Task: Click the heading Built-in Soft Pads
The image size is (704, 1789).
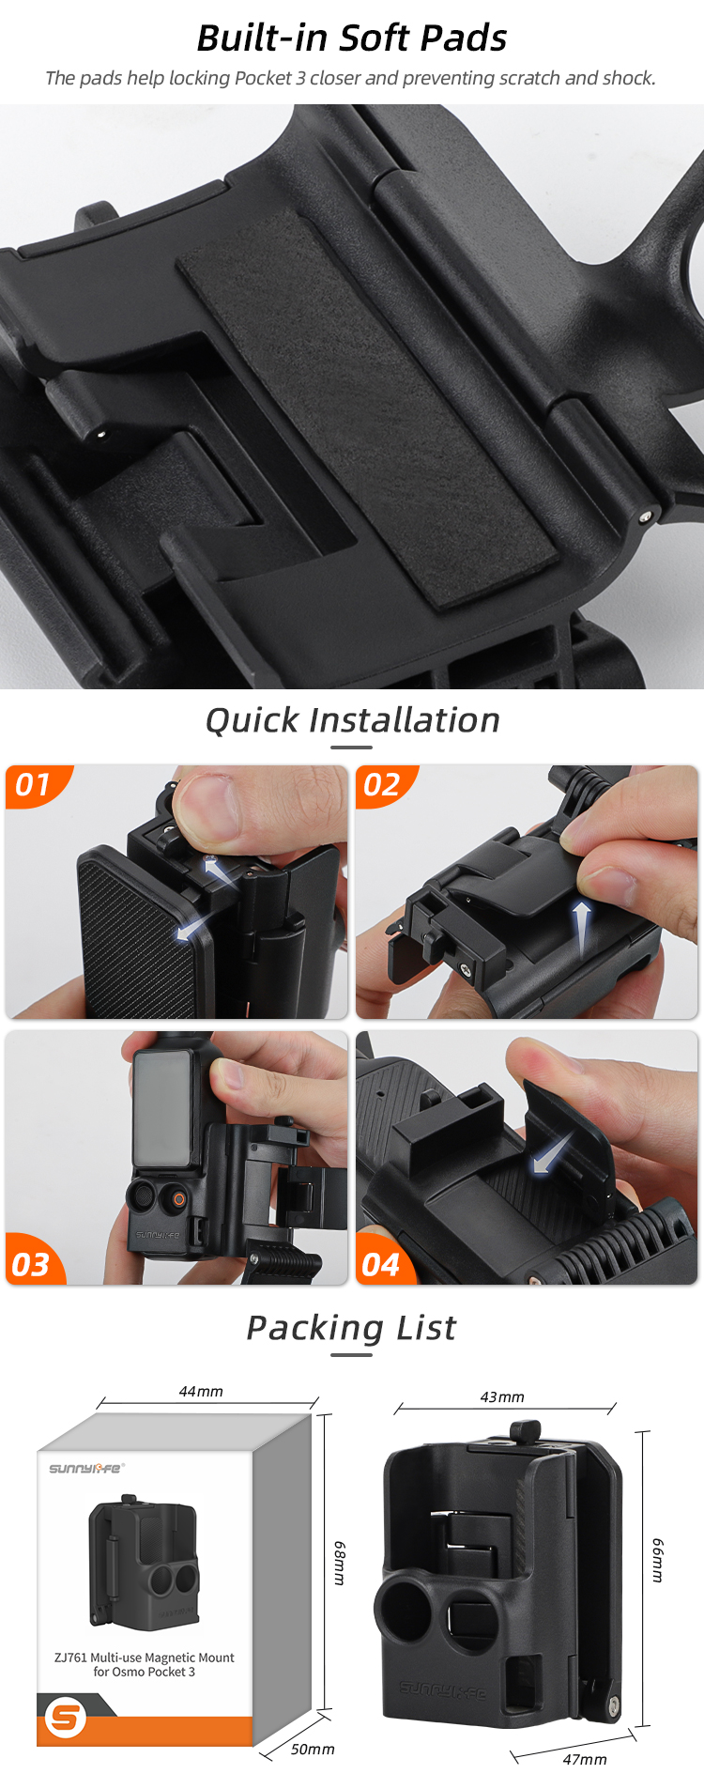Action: [351, 39]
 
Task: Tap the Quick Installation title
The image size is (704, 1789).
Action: [352, 720]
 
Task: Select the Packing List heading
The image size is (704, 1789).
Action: [351, 1328]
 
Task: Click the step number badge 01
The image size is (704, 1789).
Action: [34, 784]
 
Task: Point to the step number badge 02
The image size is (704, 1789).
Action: [382, 784]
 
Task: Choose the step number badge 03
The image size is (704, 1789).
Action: [31, 1264]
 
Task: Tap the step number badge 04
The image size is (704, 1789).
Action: [381, 1264]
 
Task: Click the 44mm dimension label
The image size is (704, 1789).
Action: [201, 1391]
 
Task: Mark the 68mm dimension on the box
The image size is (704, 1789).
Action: [340, 1563]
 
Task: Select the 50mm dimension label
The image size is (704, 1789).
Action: [313, 1749]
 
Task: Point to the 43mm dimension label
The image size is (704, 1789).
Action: [502, 1396]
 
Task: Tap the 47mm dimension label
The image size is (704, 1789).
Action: [585, 1759]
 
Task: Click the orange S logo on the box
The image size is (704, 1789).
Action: [66, 1718]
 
